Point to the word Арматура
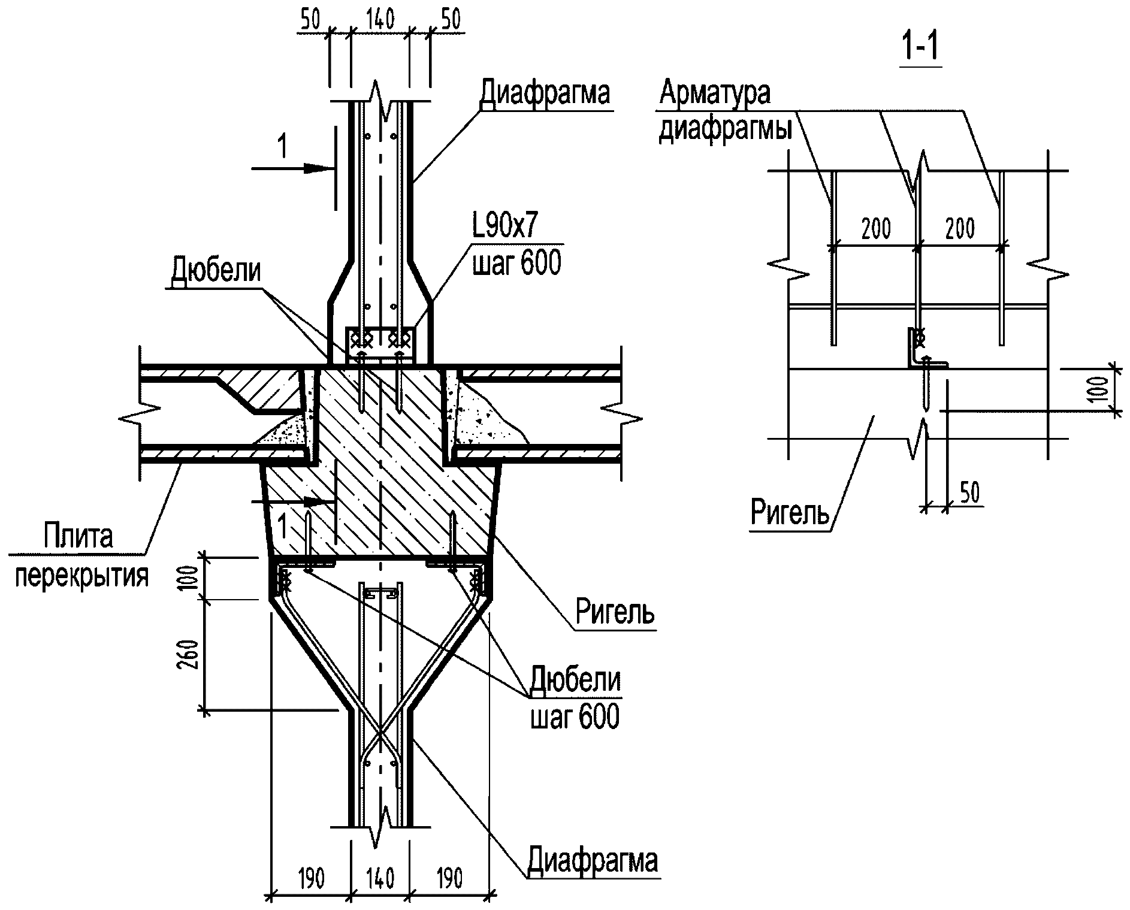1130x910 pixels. [715, 93]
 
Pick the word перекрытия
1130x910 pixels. [81, 576]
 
